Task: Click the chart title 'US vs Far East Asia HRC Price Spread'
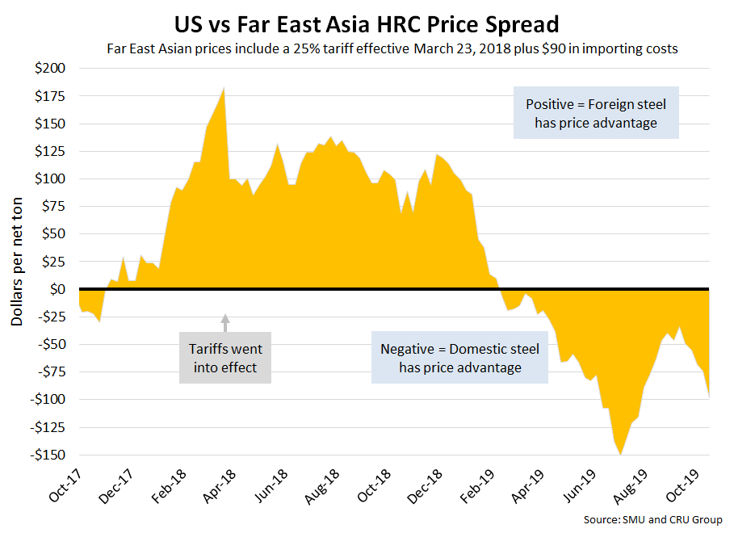(x=367, y=20)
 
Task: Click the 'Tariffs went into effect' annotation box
(x=225, y=358)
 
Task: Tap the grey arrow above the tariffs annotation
(x=225, y=321)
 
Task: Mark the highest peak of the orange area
(x=224, y=88)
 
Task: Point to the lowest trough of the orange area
(x=620, y=454)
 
